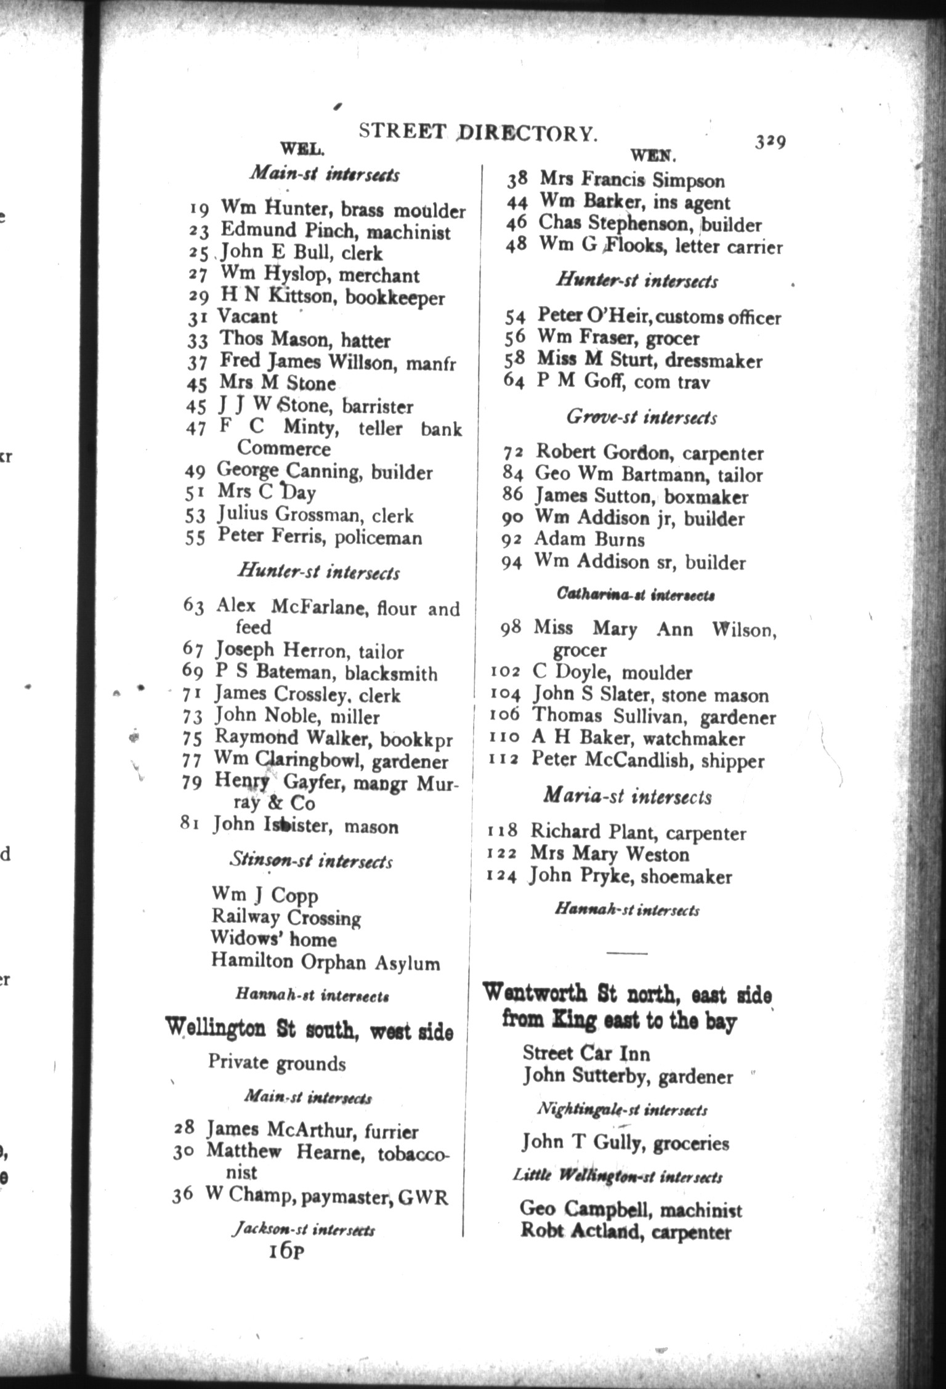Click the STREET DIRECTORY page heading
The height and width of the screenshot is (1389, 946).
(478, 132)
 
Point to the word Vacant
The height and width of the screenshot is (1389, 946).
(248, 317)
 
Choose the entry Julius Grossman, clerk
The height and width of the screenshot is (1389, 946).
(315, 515)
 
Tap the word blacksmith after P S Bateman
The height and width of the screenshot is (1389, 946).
(391, 674)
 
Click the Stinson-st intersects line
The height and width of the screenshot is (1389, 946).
(311, 860)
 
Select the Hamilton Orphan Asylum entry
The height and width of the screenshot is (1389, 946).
(325, 962)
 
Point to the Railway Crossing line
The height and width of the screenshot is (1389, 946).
(286, 917)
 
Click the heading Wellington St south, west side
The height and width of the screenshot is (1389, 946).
(309, 1029)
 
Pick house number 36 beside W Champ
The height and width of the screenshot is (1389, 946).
(183, 1194)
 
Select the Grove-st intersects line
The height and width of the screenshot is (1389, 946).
(641, 417)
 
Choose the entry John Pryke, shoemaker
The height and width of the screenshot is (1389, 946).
(631, 876)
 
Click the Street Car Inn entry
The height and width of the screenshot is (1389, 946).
(586, 1053)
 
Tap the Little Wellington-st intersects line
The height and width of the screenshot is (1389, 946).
(618, 1176)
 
